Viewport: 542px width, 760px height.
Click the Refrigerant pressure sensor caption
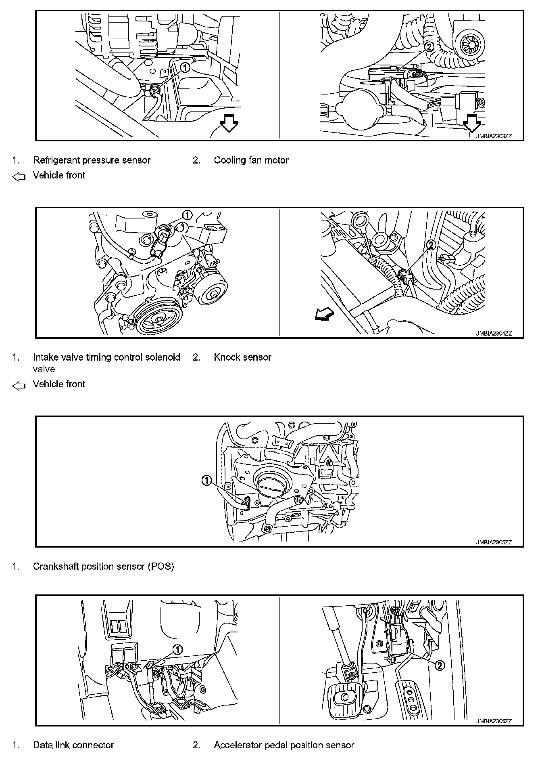92,160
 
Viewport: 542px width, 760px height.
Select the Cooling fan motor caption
251,160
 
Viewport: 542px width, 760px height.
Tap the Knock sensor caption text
242,357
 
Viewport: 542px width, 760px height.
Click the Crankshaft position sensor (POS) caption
103,567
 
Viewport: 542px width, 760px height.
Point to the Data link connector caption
73,745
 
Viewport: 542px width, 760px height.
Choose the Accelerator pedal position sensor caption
284,745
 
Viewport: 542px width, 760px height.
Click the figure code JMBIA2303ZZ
493,136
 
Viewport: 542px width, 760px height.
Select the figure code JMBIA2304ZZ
493,334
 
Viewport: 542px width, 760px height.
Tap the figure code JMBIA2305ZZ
493,542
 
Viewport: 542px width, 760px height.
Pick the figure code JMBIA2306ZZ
493,721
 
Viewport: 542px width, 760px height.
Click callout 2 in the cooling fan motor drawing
429,47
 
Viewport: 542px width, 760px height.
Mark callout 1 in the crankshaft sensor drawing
206,480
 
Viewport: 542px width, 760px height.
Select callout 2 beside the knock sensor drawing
431,244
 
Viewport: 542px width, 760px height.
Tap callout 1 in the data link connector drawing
177,650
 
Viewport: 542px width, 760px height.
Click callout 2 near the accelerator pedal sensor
440,666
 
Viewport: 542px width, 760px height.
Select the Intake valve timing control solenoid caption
106,363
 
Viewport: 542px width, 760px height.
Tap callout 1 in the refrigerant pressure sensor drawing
185,67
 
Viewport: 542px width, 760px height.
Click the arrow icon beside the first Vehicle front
19,177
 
